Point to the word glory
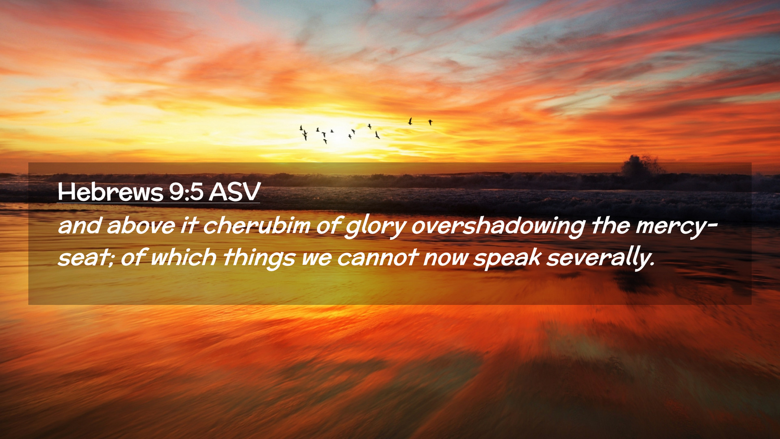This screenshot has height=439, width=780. click(x=375, y=227)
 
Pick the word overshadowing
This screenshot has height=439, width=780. click(x=498, y=227)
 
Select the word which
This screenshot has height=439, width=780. click(x=184, y=257)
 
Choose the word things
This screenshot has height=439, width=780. click(x=259, y=259)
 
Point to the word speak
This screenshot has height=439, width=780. click(x=507, y=259)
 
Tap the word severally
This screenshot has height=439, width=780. click(x=600, y=258)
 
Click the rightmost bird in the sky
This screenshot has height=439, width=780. click(x=430, y=122)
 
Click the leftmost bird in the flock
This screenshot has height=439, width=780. click(x=301, y=128)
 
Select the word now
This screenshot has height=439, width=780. click(x=445, y=259)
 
